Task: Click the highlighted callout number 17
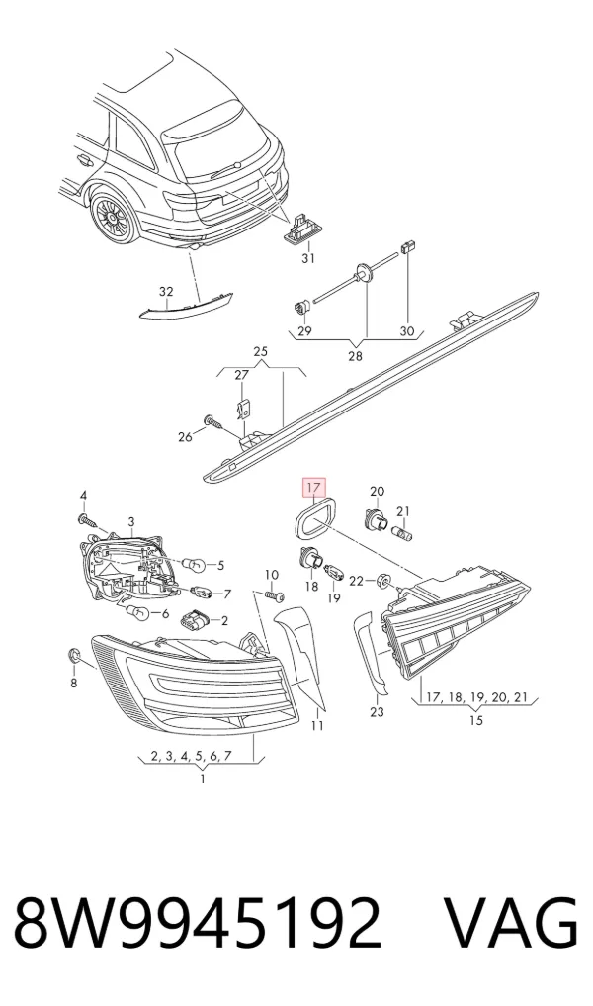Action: [x=313, y=489]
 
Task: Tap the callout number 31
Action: [x=308, y=258]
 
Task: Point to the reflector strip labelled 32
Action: [x=187, y=306]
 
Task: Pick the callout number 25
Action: [x=260, y=351]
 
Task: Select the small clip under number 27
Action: [x=243, y=408]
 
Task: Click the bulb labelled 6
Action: [x=136, y=612]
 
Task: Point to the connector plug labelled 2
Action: [x=195, y=621]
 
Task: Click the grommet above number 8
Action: [x=74, y=655]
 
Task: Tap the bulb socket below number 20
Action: [x=376, y=517]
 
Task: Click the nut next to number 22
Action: [x=384, y=582]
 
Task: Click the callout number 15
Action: [x=475, y=720]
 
